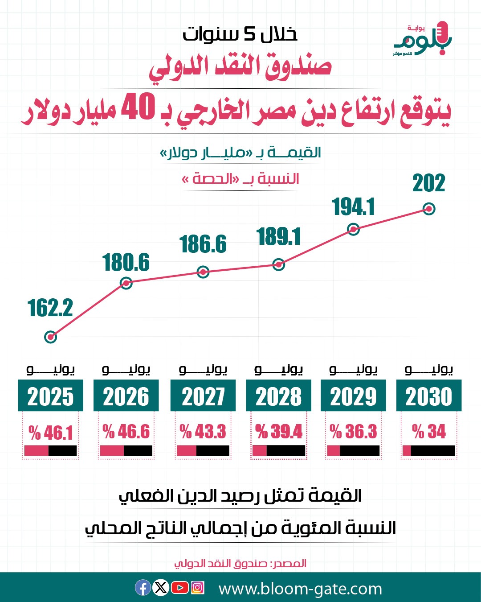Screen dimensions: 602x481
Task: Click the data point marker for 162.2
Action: [51, 337]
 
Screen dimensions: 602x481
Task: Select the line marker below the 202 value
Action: [428, 209]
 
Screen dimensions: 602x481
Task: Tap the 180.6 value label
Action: [126, 263]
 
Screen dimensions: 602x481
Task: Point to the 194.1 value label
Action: [354, 207]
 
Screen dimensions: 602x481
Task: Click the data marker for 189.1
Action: [278, 264]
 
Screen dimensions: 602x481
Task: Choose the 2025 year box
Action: [50, 396]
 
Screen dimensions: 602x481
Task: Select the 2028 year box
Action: [278, 396]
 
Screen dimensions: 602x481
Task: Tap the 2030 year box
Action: [428, 396]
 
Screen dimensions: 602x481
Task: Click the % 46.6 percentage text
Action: [126, 432]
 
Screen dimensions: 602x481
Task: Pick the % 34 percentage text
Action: [428, 432]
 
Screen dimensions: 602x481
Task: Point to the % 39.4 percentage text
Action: [278, 432]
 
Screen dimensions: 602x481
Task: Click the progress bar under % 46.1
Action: [50, 451]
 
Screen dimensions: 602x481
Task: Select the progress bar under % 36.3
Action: [353, 451]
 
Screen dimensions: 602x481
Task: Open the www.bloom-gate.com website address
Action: [300, 589]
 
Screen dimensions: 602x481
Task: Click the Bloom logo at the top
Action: [422, 39]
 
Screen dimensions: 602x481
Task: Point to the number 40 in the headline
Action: [138, 107]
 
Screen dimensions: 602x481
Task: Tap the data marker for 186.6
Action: [203, 272]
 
